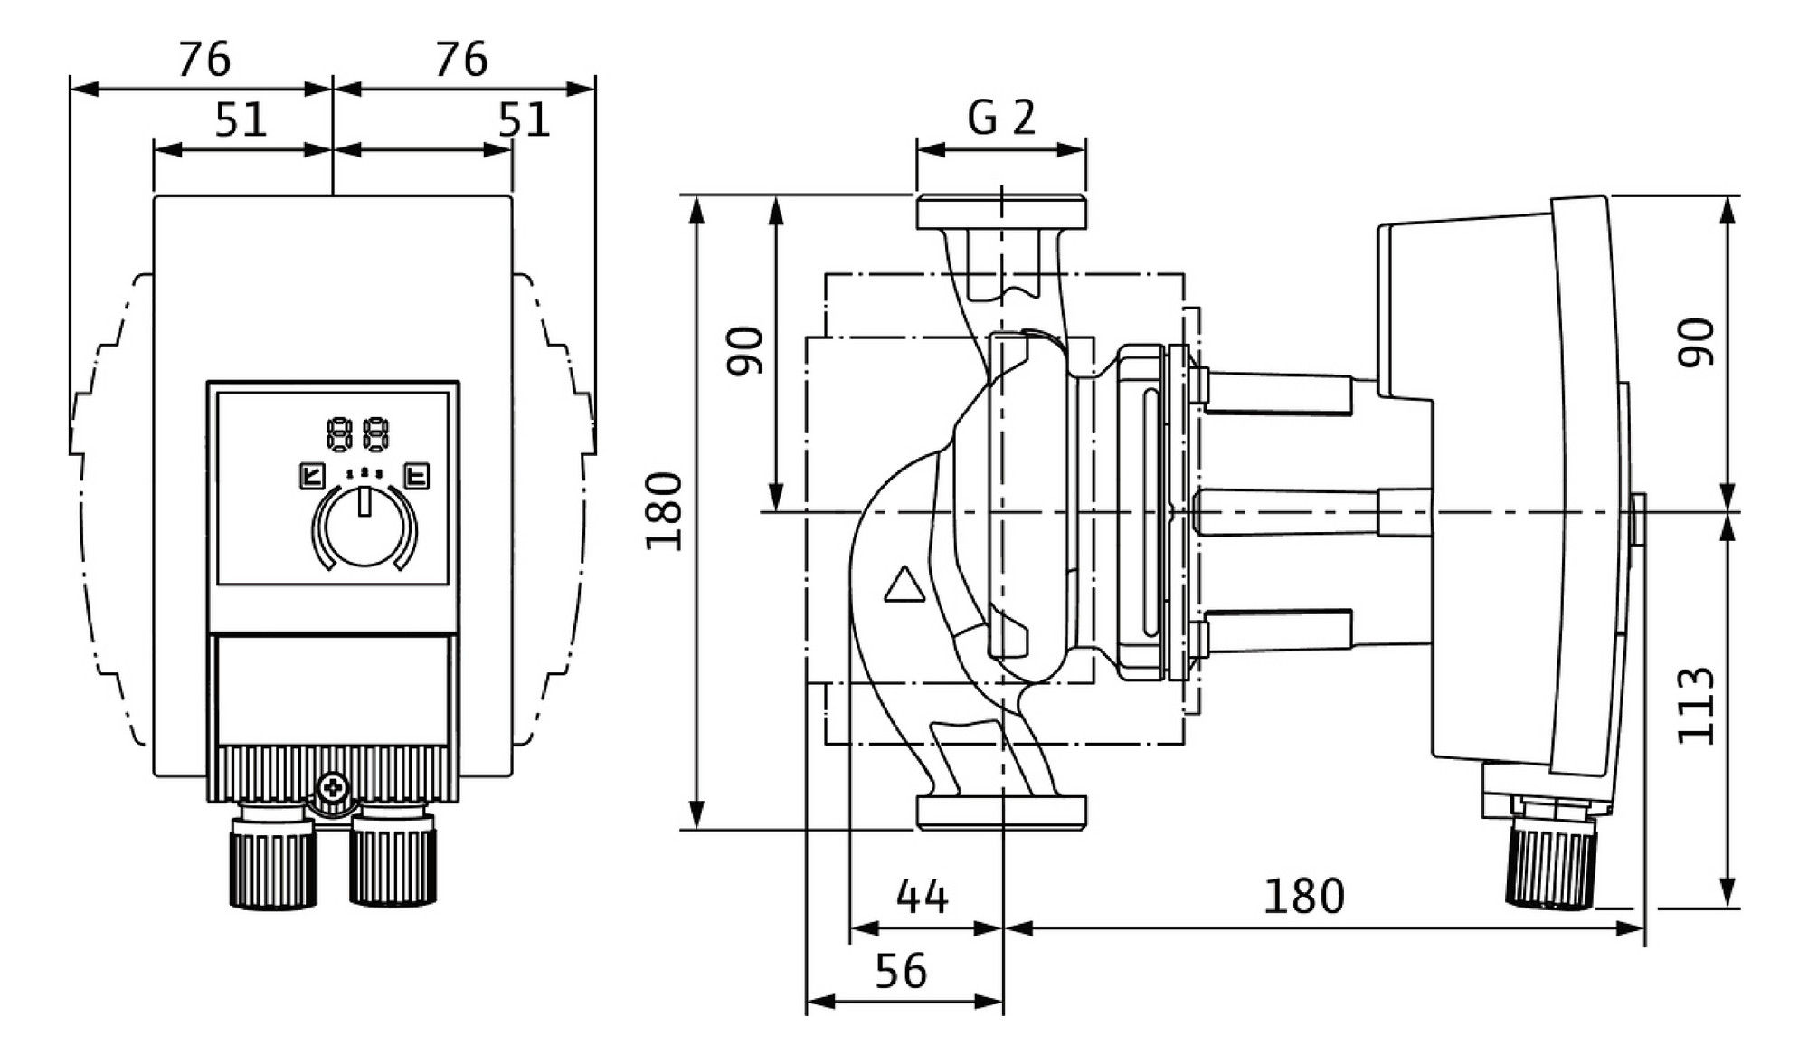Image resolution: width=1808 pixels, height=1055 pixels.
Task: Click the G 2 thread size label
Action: [x=1001, y=118]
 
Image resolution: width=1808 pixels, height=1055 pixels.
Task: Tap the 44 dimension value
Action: [x=922, y=897]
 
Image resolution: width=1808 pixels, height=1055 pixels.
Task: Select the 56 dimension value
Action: [x=901, y=971]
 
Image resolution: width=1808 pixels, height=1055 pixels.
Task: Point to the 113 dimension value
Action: [x=1696, y=707]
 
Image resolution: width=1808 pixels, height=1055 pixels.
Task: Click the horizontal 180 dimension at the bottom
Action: [x=1303, y=897]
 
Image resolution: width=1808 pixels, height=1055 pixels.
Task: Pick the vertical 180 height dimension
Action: [x=664, y=511]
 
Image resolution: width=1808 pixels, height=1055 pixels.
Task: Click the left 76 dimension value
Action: [x=204, y=60]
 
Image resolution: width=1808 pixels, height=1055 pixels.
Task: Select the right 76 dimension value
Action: [x=461, y=60]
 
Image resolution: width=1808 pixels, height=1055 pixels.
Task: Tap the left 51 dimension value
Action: [x=241, y=119]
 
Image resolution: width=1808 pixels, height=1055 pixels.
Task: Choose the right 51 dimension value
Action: [x=524, y=119]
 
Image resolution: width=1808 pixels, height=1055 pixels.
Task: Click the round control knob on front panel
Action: [x=364, y=527]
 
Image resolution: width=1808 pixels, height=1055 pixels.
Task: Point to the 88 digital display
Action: [x=358, y=434]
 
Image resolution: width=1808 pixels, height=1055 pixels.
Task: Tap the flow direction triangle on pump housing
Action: [x=904, y=585]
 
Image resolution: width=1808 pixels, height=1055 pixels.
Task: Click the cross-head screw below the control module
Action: [x=333, y=788]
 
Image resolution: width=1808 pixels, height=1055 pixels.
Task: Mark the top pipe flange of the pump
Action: [x=1001, y=212]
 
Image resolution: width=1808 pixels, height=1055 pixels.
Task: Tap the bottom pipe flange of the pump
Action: [x=1001, y=813]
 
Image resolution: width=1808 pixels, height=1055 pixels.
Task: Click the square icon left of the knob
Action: [x=312, y=476]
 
